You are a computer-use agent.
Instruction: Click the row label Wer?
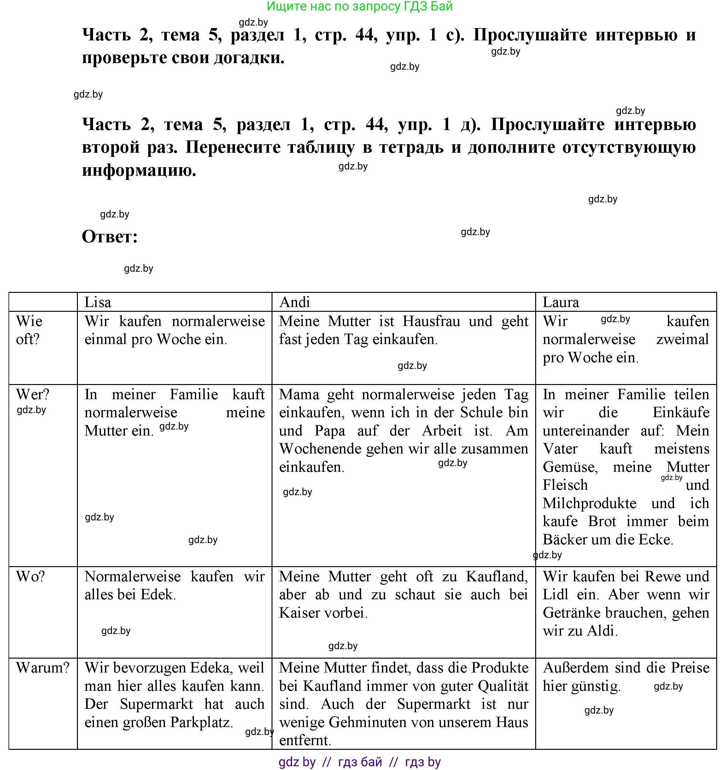click(x=32, y=394)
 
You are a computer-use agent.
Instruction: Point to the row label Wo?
click(x=30, y=576)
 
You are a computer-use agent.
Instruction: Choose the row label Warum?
click(x=43, y=668)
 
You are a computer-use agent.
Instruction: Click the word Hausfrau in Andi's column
click(x=431, y=321)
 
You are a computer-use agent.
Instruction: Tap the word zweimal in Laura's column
click(x=682, y=339)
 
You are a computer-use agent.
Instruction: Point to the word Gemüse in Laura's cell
click(x=570, y=467)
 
